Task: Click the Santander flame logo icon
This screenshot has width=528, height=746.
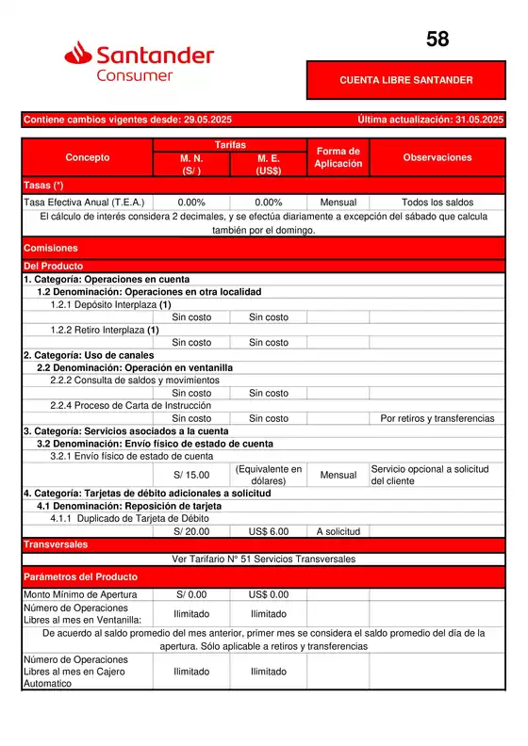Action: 78,57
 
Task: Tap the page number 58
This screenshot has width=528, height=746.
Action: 437,40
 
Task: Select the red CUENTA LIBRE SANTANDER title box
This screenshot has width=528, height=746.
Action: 406,80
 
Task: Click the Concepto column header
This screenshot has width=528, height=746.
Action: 87,158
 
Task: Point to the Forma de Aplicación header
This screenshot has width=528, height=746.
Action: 338,158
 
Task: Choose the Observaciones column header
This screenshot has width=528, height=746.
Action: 437,158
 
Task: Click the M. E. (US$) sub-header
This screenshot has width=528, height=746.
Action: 269,165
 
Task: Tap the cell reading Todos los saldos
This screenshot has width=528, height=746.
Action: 437,203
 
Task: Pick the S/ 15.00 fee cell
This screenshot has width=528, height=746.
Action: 191,475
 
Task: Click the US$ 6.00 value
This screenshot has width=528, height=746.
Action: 269,531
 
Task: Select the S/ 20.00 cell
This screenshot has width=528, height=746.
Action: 191,531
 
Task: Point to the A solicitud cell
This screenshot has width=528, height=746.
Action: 338,531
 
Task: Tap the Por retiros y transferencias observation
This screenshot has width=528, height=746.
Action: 437,418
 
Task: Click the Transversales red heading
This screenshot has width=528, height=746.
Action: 56,544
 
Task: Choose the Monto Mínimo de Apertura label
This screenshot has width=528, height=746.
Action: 80,594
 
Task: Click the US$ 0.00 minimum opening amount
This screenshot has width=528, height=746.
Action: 269,594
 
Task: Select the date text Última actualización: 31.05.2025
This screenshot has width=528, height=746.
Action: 431,120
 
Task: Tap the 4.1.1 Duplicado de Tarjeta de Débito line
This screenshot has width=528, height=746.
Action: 129,518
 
